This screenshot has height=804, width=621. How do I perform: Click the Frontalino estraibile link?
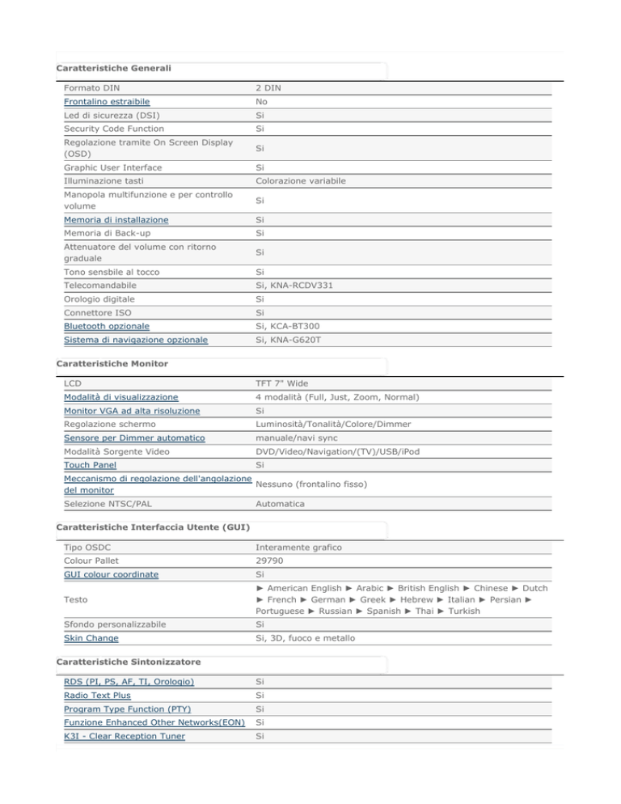[x=106, y=103]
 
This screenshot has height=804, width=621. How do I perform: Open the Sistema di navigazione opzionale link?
[x=135, y=341]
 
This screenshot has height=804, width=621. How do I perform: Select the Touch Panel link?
[x=90, y=465]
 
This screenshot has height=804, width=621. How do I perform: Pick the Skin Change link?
[x=91, y=638]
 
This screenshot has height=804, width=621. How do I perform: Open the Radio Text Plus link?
[x=97, y=695]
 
